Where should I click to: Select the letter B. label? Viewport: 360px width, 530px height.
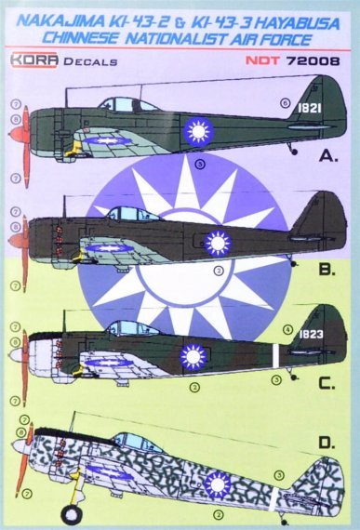tap(327, 272)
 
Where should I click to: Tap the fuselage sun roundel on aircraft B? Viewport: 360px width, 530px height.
tap(216, 244)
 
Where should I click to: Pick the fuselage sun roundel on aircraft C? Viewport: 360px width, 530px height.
tap(193, 355)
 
